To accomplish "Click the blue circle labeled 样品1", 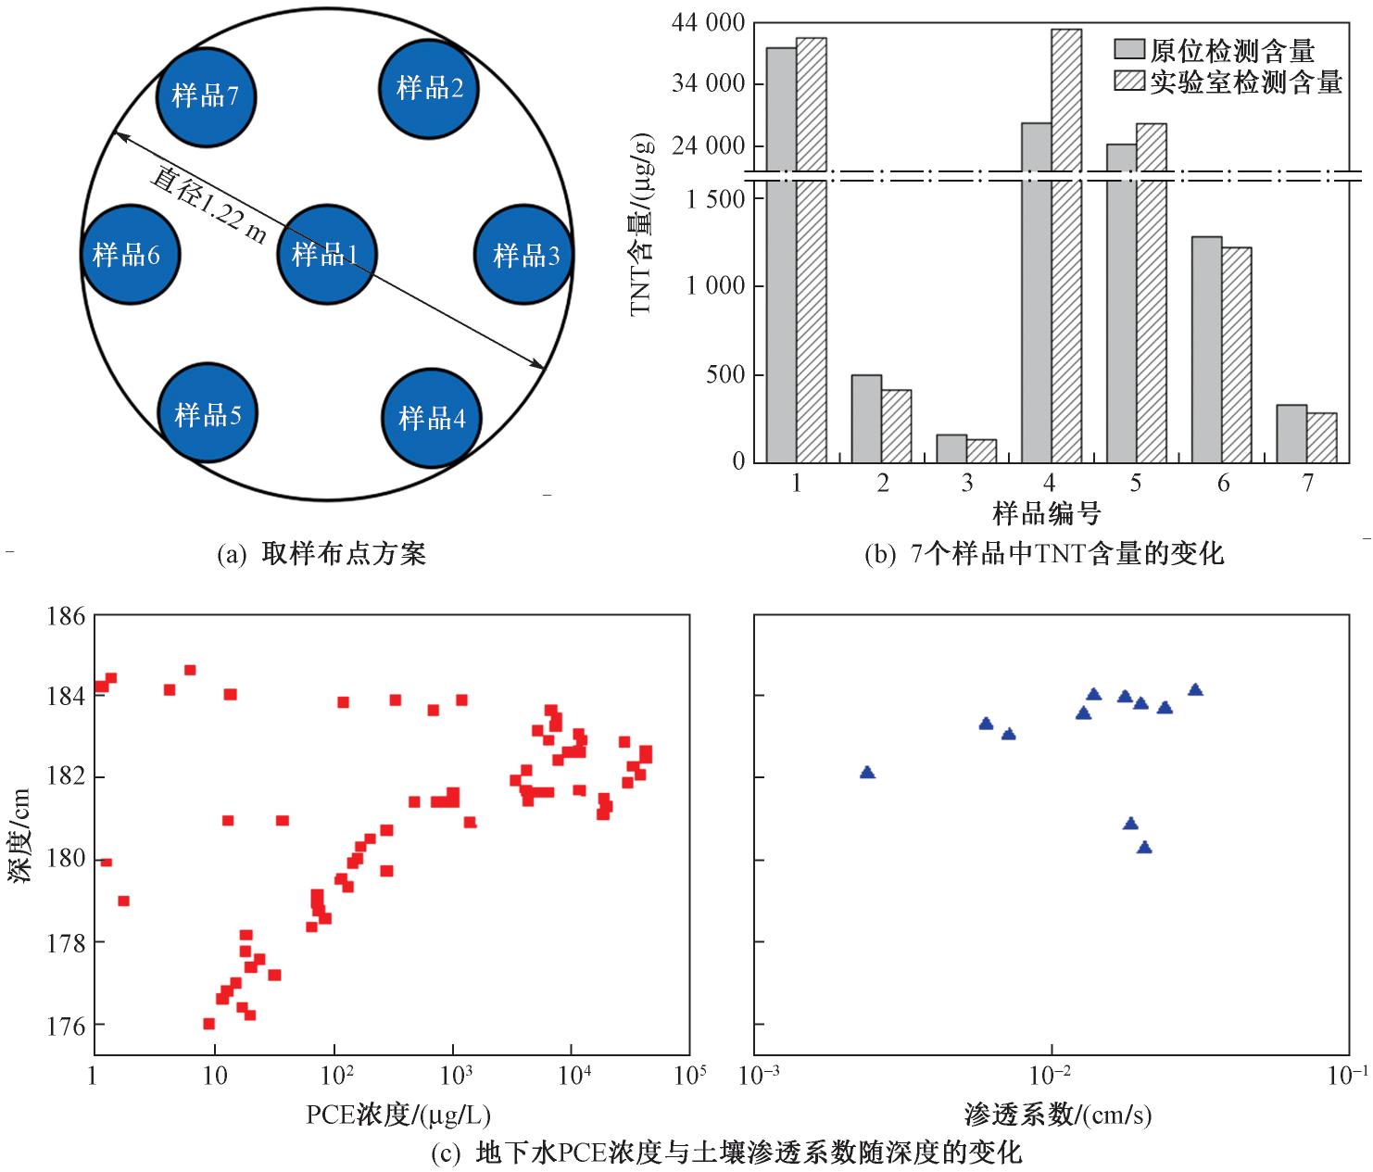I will point(325,254).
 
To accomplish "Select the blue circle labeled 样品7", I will point(207,95).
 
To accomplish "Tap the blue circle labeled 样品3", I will point(523,255).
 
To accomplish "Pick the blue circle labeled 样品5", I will point(207,413).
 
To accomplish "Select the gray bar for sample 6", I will point(1206,349).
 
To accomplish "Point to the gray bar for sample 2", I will point(866,418).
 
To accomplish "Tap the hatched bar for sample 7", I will point(1322,437).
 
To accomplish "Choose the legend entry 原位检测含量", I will point(1214,50).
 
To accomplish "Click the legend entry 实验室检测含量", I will point(1228,82).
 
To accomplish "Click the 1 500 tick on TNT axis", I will point(715,199).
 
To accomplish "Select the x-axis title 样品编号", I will point(1047,511).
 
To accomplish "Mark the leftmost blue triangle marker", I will point(867,773).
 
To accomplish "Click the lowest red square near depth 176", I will point(208,1024).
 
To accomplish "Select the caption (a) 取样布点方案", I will point(321,555).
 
